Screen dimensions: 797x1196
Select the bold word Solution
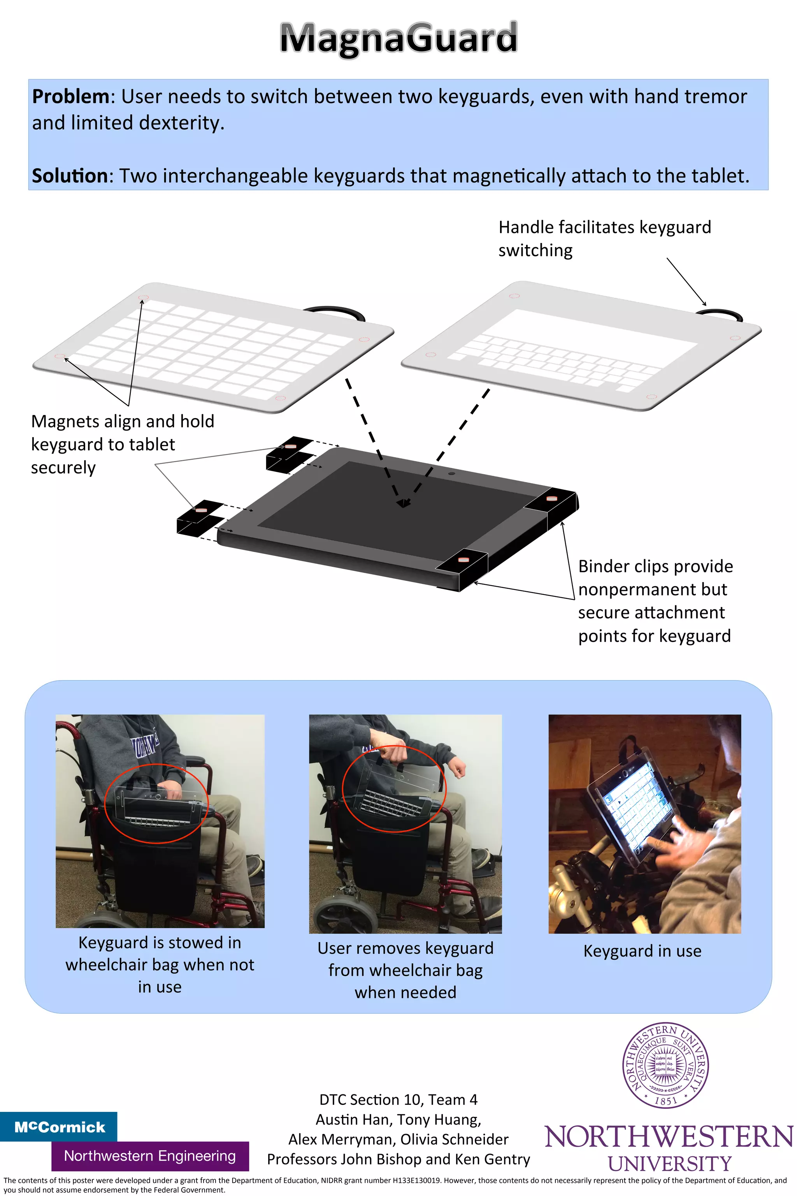(70, 176)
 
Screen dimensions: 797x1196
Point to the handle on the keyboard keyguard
(720, 314)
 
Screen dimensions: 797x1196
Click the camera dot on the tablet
(451, 474)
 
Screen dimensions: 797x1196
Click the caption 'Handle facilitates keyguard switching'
(605, 239)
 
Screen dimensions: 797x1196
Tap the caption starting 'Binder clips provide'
(655, 601)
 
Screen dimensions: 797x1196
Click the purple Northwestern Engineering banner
(150, 1156)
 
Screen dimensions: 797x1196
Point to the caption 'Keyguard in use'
(643, 951)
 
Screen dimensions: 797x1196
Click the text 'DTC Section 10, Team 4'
(398, 1100)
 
